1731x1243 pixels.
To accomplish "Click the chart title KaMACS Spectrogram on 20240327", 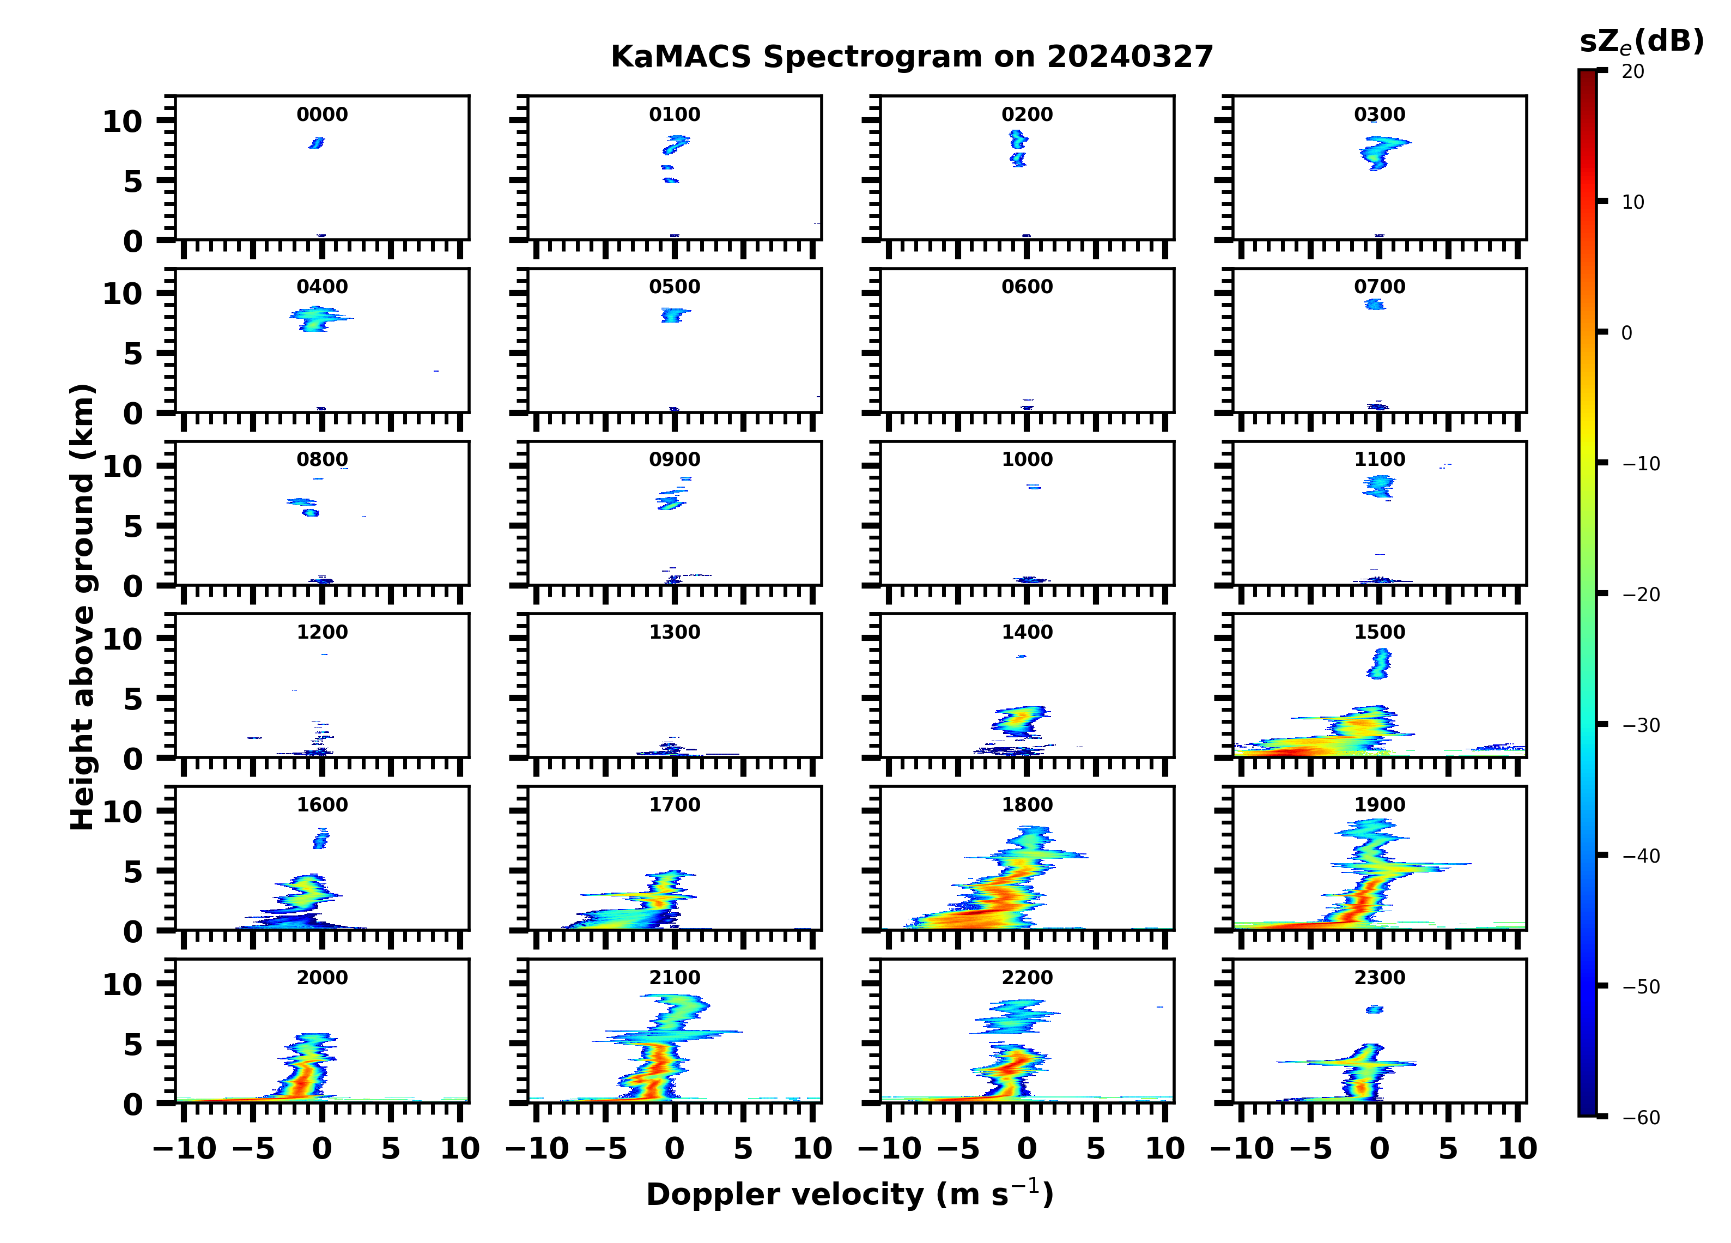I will click(x=912, y=57).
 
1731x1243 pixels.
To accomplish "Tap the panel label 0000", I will click(x=322, y=114).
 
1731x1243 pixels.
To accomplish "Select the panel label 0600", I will click(x=1027, y=287).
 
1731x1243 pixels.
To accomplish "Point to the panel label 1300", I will click(x=674, y=632).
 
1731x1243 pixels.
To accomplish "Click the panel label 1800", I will click(x=1027, y=805).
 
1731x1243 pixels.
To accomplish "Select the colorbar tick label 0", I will click(x=1626, y=333).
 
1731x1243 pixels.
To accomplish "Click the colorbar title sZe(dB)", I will click(x=1641, y=42).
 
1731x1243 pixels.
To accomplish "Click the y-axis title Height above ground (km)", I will click(x=82, y=607).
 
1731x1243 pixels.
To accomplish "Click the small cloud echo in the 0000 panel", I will click(x=316, y=143).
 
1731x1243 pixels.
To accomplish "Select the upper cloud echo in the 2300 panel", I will click(x=1374, y=1009).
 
